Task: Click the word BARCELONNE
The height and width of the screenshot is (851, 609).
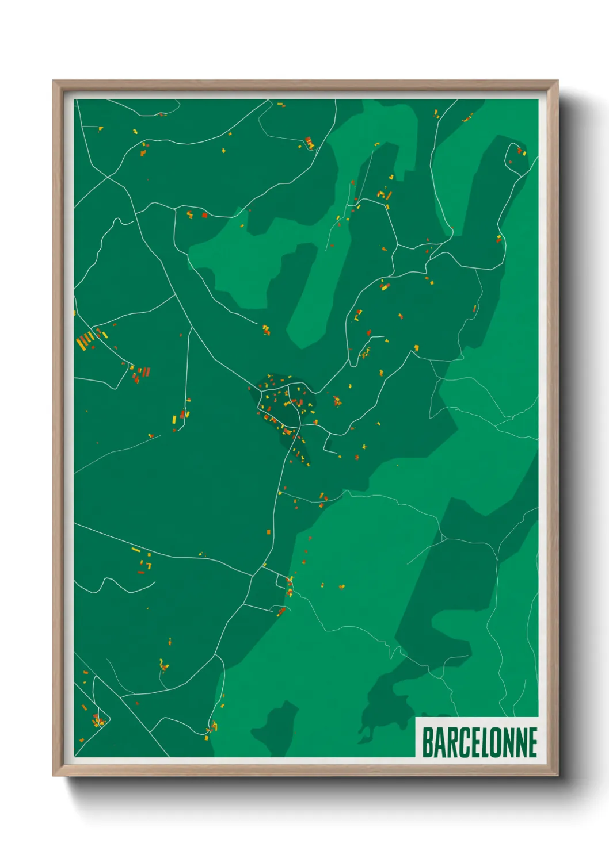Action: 479,742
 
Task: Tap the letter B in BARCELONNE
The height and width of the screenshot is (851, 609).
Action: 428,742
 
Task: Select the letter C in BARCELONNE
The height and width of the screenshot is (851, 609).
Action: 459,742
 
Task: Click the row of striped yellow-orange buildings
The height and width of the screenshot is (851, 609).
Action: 85,340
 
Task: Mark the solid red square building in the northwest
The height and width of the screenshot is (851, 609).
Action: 204,216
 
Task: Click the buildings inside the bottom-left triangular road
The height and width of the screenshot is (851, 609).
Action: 97,719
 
